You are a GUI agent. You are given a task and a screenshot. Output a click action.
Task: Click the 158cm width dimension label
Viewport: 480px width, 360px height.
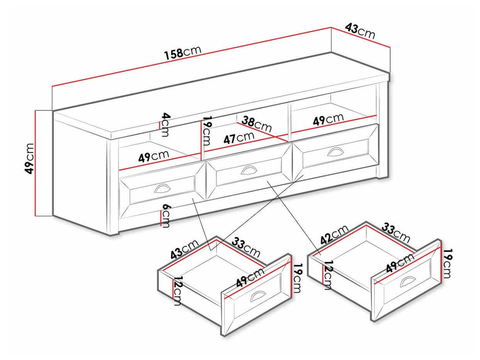click(x=182, y=53)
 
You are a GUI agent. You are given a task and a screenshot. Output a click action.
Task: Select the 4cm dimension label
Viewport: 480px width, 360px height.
click(x=165, y=124)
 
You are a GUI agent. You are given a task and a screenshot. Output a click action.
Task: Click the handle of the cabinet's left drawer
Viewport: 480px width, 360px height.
click(x=162, y=188)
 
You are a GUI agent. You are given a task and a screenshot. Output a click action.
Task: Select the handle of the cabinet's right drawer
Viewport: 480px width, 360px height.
click(x=334, y=151)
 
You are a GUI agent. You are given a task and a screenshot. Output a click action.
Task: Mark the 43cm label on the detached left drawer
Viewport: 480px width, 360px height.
click(x=184, y=249)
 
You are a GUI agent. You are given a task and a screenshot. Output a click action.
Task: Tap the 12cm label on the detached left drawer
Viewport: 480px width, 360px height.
click(x=177, y=291)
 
